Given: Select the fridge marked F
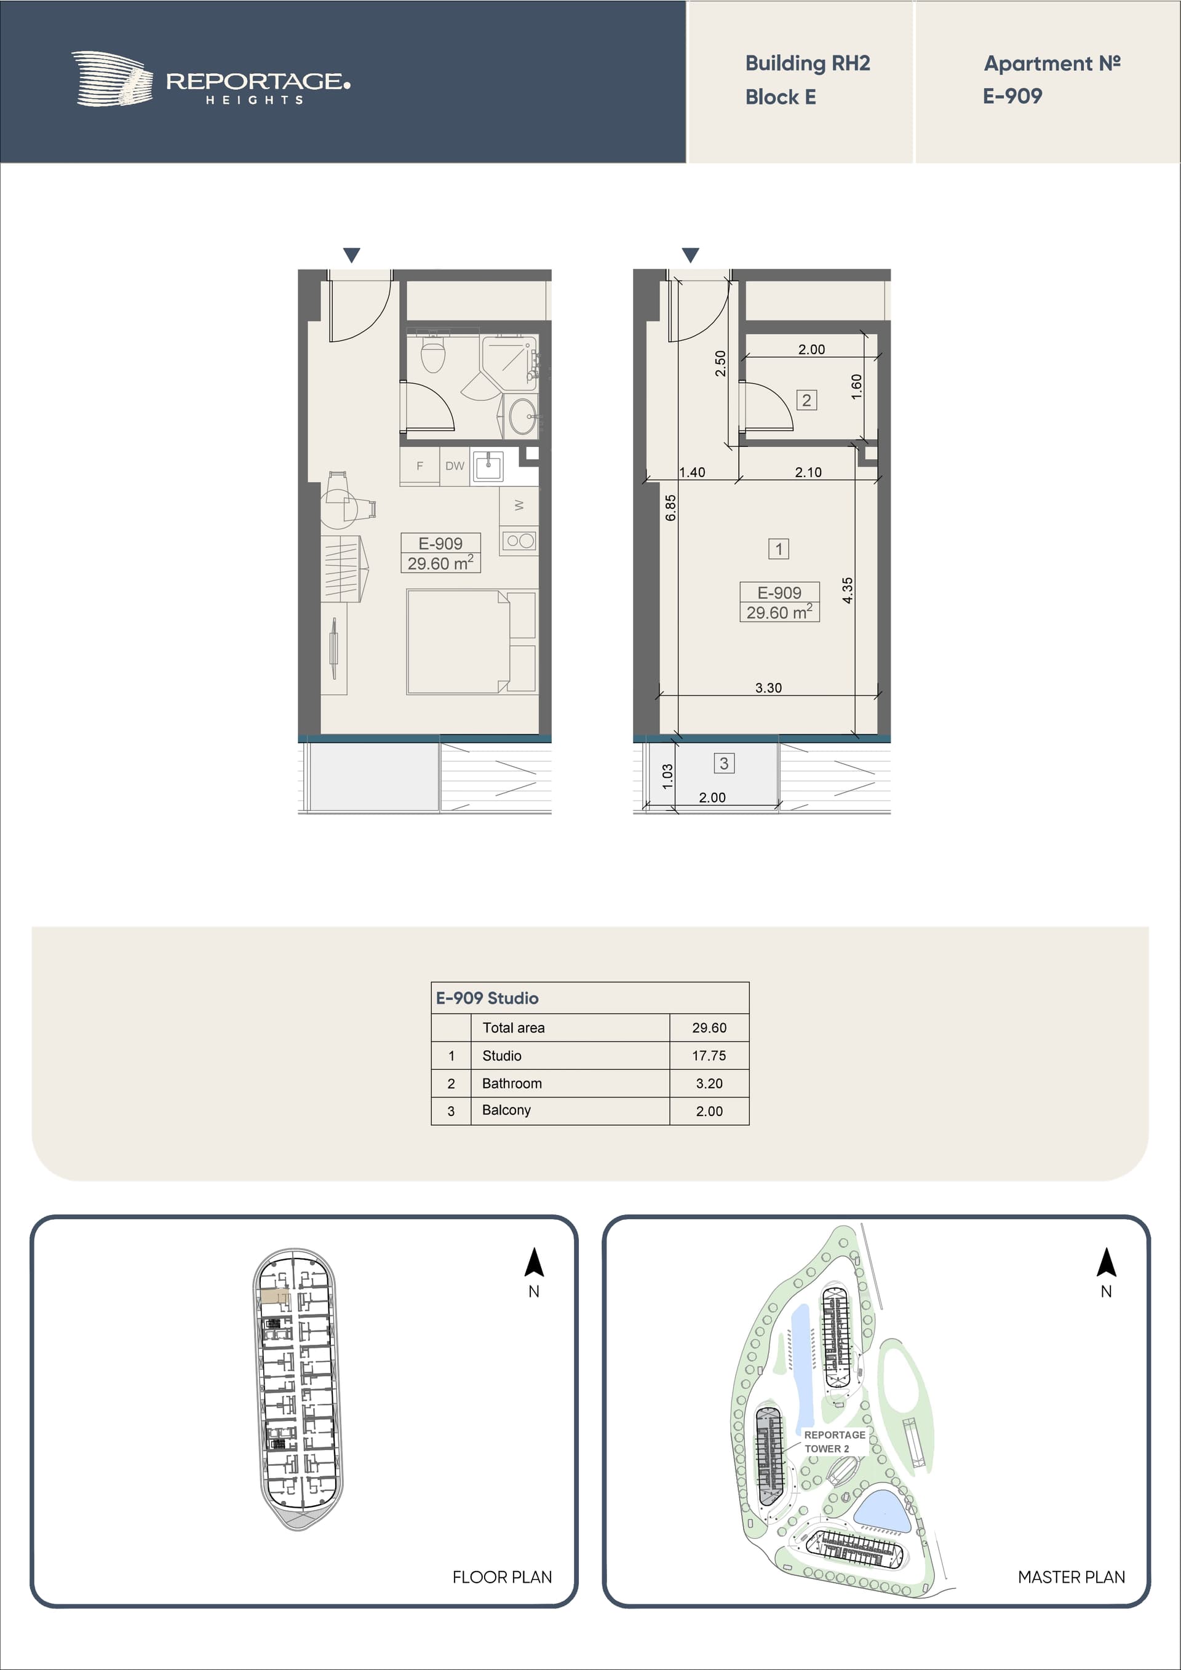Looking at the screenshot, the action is pyautogui.click(x=420, y=466).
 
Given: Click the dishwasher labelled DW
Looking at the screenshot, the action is pyautogui.click(x=455, y=466).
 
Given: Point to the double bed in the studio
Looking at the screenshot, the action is pyautogui.click(x=471, y=641).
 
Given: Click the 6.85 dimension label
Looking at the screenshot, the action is pyautogui.click(x=671, y=508).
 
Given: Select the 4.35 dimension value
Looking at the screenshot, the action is pyautogui.click(x=848, y=590).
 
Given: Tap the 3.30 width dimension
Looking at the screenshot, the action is pyautogui.click(x=768, y=687).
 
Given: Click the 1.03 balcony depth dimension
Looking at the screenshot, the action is pyautogui.click(x=668, y=776).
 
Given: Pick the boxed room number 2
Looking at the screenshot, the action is pyautogui.click(x=806, y=400).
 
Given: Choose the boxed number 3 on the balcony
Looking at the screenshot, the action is pyautogui.click(x=724, y=763).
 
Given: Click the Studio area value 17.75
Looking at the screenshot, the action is pyautogui.click(x=709, y=1055).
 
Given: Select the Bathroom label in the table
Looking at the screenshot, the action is pyautogui.click(x=512, y=1083).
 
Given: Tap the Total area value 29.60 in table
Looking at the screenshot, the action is pyautogui.click(x=709, y=1027).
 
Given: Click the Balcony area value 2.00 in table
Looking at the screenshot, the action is pyautogui.click(x=709, y=1110).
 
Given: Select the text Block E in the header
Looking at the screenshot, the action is pyautogui.click(x=780, y=97).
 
